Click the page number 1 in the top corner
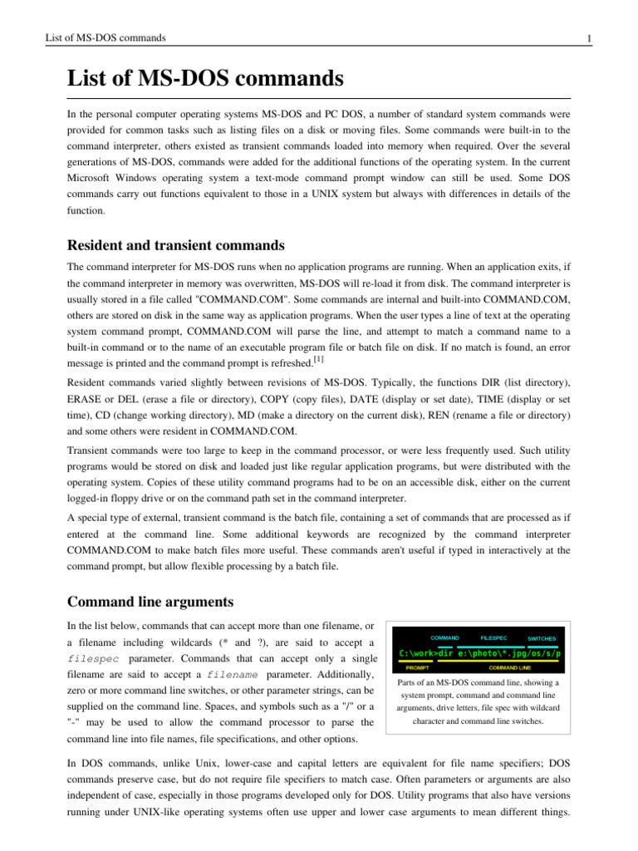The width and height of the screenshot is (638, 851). tap(588, 37)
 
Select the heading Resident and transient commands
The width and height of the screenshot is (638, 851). tap(175, 245)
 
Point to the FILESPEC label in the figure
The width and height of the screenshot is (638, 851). tap(495, 637)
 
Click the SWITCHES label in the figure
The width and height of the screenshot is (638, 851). tap(542, 638)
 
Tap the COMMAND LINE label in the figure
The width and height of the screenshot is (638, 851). tap(510, 667)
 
